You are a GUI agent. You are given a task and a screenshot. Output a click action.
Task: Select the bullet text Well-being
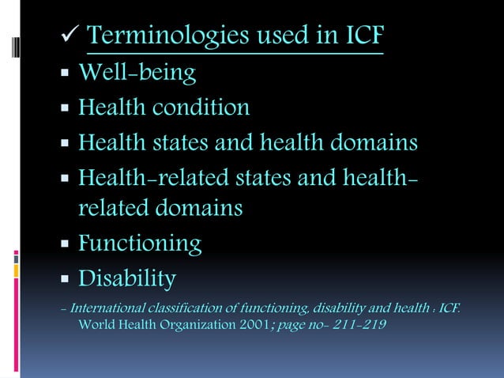coord(137,74)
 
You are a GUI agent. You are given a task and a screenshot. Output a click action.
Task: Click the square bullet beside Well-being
coord(65,75)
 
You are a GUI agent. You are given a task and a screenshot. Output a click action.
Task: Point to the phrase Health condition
coord(164,108)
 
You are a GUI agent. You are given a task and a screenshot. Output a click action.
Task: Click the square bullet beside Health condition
coord(65,109)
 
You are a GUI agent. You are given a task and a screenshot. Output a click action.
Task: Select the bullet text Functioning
coord(140,244)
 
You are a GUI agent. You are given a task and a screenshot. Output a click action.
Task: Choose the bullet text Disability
coord(126,278)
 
